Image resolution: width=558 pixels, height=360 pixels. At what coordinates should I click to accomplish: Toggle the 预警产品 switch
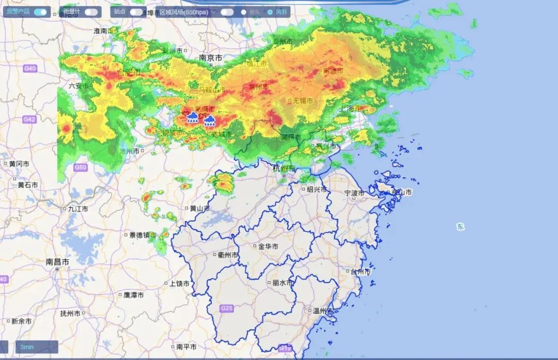point(40,12)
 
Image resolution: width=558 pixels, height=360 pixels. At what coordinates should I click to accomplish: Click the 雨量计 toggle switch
point(91,12)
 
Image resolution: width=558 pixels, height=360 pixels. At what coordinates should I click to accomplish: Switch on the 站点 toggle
point(136,12)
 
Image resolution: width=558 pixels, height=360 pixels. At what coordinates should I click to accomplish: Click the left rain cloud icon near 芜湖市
point(192,117)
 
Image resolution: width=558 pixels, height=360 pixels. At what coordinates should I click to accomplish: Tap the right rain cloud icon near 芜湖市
point(209,121)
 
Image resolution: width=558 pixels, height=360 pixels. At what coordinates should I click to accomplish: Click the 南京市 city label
point(210,58)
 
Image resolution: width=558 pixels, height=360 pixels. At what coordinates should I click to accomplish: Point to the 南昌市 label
point(57,262)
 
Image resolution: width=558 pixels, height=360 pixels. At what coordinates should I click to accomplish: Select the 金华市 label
point(268,246)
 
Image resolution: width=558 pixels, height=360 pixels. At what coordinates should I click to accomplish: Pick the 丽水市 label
point(282,283)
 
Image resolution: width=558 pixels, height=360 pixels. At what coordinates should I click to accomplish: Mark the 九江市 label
point(78,209)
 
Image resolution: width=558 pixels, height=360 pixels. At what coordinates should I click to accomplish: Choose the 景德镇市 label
point(142,235)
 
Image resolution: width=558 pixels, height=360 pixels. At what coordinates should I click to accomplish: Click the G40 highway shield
point(30,69)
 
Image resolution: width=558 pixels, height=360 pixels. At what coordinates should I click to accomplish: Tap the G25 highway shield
point(226,308)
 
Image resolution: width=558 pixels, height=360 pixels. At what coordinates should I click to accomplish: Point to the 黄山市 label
point(199,209)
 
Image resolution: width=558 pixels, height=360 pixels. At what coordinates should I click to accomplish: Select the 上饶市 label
point(179,284)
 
